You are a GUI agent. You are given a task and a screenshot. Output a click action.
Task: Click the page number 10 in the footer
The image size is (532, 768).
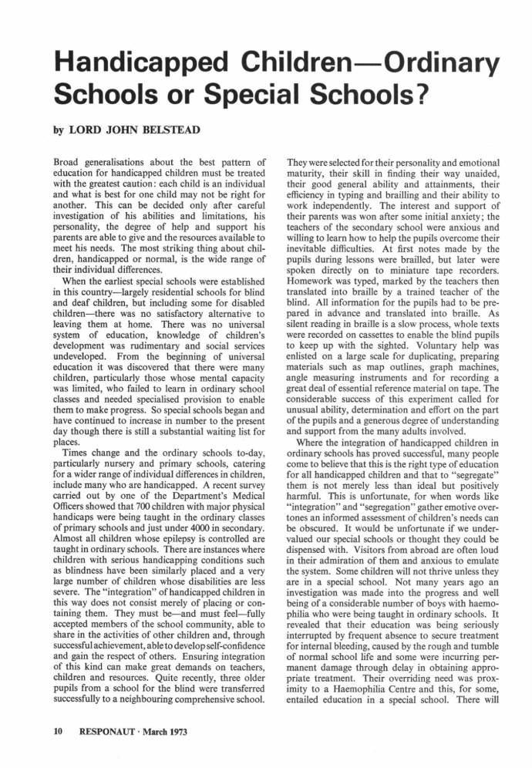click(x=58, y=729)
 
